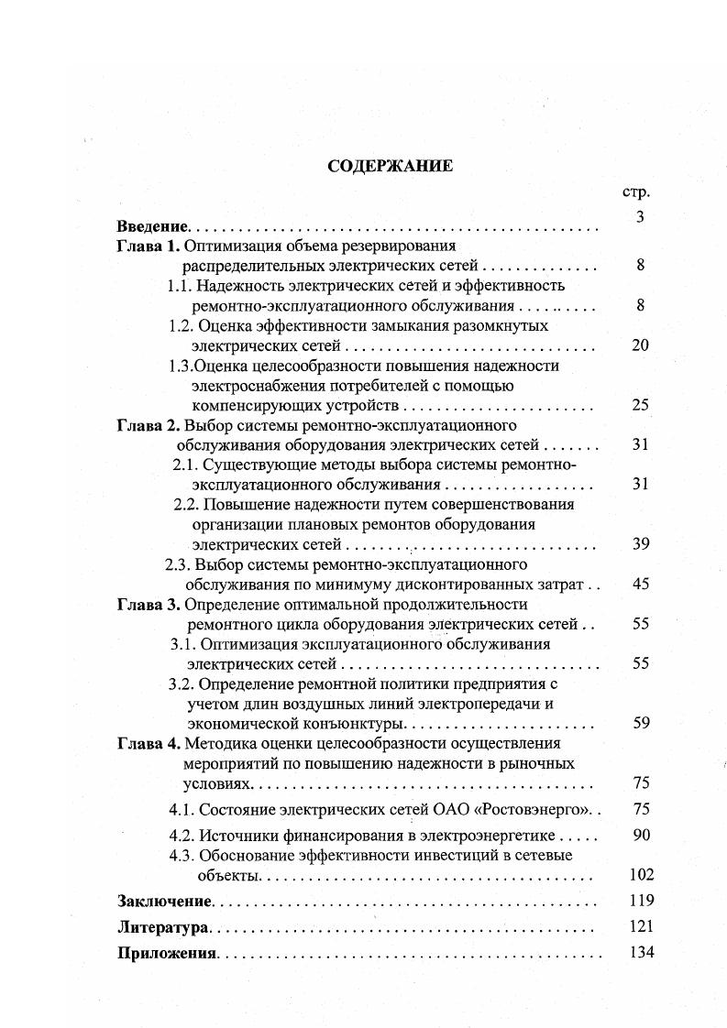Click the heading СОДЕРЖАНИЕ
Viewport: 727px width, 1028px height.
(377, 166)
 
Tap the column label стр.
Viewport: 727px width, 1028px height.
(635, 193)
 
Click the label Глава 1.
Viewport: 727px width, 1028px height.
(149, 246)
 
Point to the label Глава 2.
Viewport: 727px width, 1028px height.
(149, 425)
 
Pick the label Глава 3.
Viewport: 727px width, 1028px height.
(149, 605)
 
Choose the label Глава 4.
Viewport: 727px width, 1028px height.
(149, 743)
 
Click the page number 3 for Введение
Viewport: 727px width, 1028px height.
(640, 217)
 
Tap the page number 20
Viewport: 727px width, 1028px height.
(640, 345)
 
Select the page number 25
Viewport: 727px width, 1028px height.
(640, 405)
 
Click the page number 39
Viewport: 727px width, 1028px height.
(640, 544)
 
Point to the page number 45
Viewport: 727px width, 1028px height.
(640, 584)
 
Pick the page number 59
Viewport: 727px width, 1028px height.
(640, 723)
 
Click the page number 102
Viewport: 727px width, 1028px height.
(642, 875)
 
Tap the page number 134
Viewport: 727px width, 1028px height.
(642, 952)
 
